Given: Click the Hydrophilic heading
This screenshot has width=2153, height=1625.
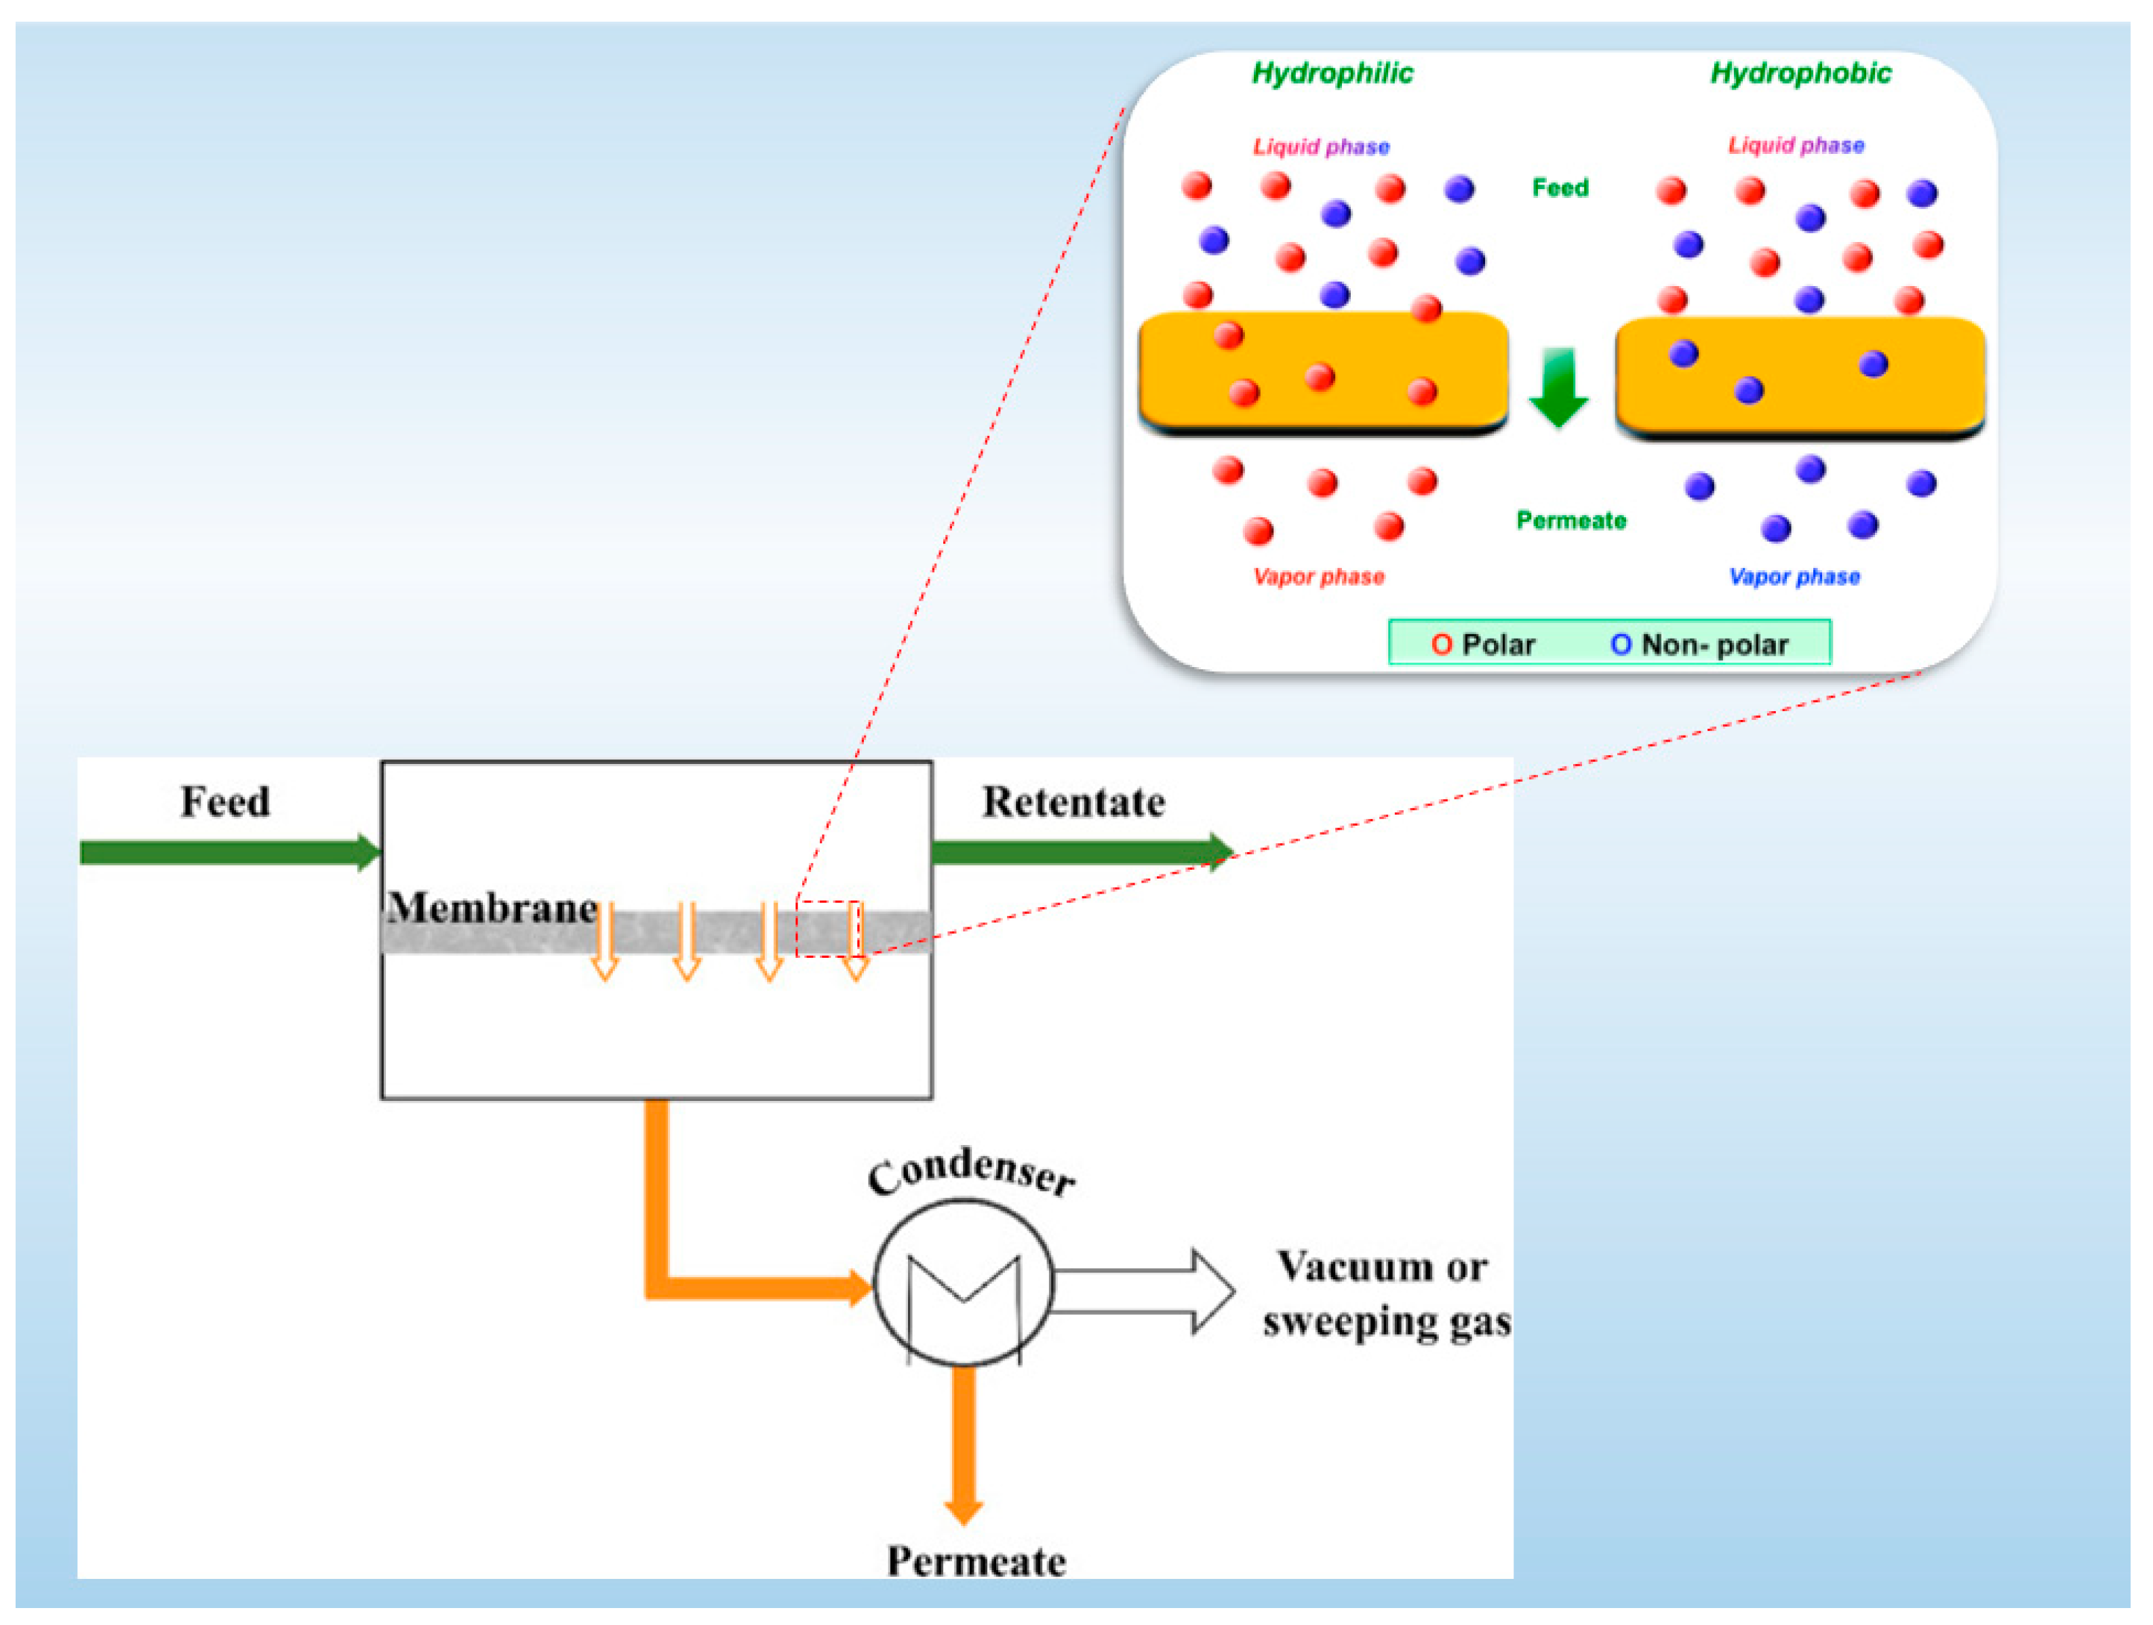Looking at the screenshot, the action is pos(1332,74).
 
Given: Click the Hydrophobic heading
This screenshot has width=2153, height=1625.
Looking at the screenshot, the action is pos(1800,74).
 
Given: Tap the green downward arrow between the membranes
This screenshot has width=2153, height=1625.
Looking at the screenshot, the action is pos(1558,387).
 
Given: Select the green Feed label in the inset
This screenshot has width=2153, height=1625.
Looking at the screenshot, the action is pos(1560,187).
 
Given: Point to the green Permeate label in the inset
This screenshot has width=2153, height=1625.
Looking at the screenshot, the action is pos(1571,521).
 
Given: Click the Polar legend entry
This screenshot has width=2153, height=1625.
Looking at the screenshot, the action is pos(1482,644).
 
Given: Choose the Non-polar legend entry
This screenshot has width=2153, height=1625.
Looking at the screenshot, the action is pos(1699,644).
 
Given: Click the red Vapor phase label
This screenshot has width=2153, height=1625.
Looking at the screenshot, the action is pos(1319,577).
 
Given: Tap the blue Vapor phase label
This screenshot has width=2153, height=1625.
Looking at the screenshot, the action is pos(1794,577).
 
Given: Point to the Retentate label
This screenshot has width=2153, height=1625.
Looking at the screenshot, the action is pos(1073,802).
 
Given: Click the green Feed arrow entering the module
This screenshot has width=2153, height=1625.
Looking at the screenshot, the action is pos(231,852).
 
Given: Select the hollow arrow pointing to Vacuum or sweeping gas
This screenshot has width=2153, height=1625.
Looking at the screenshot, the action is pos(1145,1291).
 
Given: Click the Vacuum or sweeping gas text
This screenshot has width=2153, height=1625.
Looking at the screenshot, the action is pos(1386,1295).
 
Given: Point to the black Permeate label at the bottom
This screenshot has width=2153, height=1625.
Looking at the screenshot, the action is pos(976,1561).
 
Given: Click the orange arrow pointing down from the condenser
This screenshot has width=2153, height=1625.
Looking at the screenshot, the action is pos(964,1445).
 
